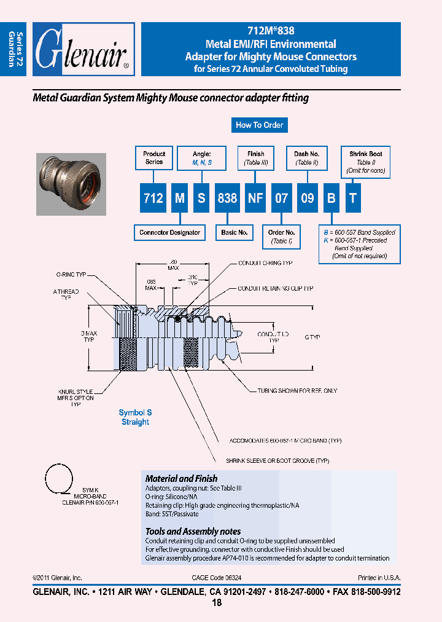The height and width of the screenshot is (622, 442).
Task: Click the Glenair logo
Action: click(x=83, y=50)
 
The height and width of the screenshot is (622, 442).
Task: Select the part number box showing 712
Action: click(x=152, y=197)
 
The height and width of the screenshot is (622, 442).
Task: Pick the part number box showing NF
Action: click(x=255, y=197)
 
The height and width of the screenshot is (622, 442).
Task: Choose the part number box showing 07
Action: click(x=281, y=197)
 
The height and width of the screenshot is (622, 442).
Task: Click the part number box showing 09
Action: click(x=307, y=197)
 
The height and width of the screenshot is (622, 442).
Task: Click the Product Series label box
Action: click(x=154, y=158)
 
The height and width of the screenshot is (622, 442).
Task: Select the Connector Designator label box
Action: click(x=169, y=233)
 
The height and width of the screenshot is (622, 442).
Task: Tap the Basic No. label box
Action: click(x=235, y=233)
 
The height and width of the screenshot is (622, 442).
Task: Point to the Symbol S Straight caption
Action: click(x=135, y=417)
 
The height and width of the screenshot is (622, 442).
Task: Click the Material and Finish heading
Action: click(x=181, y=478)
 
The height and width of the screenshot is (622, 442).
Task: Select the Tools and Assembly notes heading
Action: click(x=193, y=531)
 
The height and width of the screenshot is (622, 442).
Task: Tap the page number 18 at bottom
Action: click(x=216, y=603)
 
